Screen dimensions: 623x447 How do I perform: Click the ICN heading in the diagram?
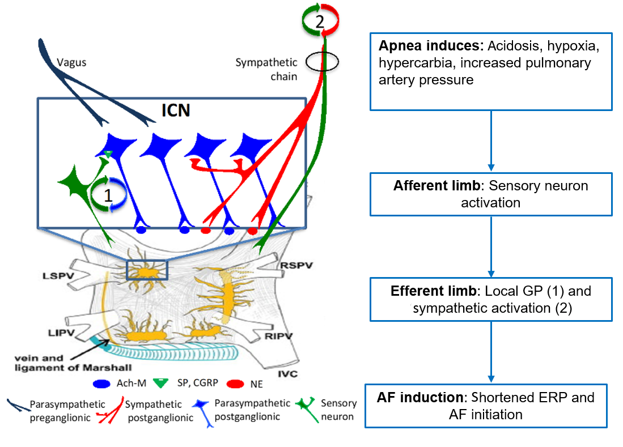[176, 110]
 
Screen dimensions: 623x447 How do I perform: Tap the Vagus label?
[71, 63]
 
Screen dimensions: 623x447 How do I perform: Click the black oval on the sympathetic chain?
[322, 62]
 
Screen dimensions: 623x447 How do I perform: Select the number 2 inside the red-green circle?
[320, 22]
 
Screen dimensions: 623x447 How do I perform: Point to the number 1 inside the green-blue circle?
[108, 195]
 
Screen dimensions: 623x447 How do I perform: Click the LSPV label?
[58, 275]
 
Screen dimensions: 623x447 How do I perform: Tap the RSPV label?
[296, 265]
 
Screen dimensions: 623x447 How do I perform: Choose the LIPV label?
[61, 333]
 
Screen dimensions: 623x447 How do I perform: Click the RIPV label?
[278, 337]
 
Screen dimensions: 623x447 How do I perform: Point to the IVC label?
[287, 373]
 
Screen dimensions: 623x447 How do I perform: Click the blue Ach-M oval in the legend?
[101, 384]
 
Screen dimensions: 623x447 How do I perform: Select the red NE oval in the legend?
[235, 384]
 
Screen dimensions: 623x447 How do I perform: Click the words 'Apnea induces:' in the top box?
[431, 46]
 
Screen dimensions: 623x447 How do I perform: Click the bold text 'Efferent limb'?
[434, 291]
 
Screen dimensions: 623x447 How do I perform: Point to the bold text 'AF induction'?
[420, 397]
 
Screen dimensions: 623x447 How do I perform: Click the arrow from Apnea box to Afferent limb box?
[491, 141]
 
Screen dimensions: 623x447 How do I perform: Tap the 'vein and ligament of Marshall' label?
[73, 363]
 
